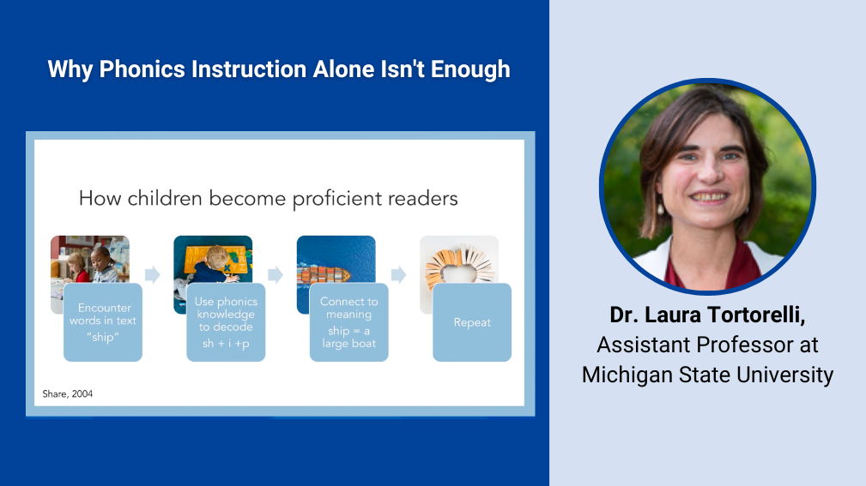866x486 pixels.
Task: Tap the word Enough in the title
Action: pos(470,69)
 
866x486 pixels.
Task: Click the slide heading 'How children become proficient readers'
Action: pos(269,199)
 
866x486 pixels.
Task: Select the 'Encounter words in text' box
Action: pos(103,322)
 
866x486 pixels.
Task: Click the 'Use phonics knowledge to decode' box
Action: pos(226,322)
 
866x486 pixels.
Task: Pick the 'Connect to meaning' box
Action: pos(349,322)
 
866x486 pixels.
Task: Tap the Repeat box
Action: pos(472,322)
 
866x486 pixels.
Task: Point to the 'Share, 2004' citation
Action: pos(68,394)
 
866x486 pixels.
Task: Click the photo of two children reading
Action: pos(90,259)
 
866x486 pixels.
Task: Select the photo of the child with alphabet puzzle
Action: pos(213,259)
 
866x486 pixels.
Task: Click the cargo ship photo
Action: pos(336,259)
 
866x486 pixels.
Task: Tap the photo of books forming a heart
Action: pos(459,259)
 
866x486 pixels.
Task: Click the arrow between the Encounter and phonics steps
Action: pos(153,274)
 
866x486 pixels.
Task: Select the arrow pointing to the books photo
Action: pos(399,274)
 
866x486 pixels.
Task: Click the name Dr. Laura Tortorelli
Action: pos(707,315)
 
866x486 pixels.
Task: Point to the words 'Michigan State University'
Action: pos(707,375)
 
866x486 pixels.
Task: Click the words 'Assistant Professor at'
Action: pos(707,345)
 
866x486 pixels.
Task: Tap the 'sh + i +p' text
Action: pos(226,343)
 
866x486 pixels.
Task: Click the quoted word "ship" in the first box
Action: pos(103,337)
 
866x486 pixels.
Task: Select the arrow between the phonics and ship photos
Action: pos(276,274)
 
